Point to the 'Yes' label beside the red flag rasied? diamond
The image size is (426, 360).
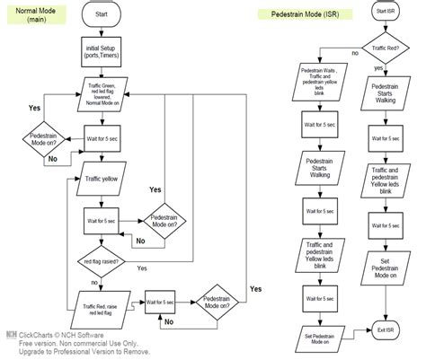click(141, 268)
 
